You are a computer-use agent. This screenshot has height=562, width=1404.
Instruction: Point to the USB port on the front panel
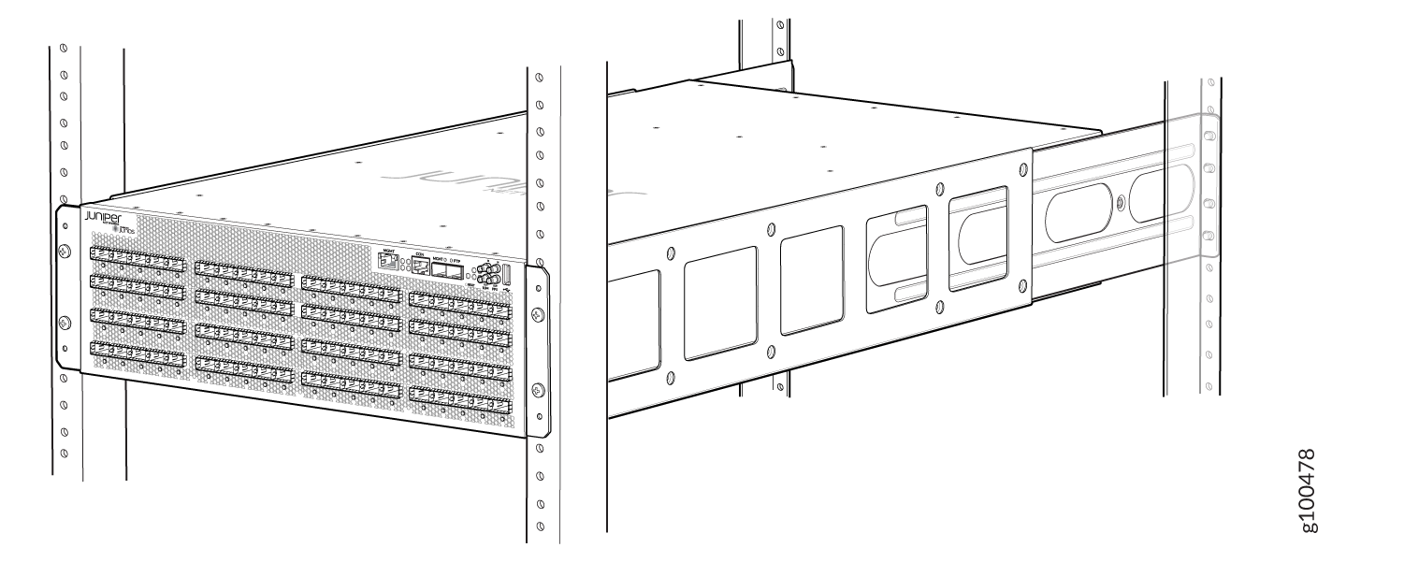pos(506,275)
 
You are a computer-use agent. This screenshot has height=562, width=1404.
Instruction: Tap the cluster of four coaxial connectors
pos(485,274)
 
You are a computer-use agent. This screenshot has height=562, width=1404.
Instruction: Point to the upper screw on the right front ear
pos(536,313)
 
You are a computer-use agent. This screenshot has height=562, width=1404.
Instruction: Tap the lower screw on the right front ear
pos(536,389)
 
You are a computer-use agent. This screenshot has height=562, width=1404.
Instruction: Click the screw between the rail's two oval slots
pos(1121,200)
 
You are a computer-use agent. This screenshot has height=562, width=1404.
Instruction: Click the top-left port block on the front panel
pos(136,257)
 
